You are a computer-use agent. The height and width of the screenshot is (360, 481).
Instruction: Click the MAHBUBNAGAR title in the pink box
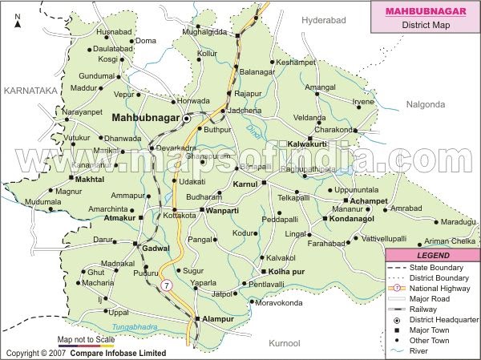(x=424, y=11)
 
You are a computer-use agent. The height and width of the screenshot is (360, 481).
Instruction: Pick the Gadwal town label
(x=157, y=249)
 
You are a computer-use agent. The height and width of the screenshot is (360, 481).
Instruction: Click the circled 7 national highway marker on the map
(x=166, y=285)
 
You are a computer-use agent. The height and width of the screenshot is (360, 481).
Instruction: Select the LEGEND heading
(x=431, y=254)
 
